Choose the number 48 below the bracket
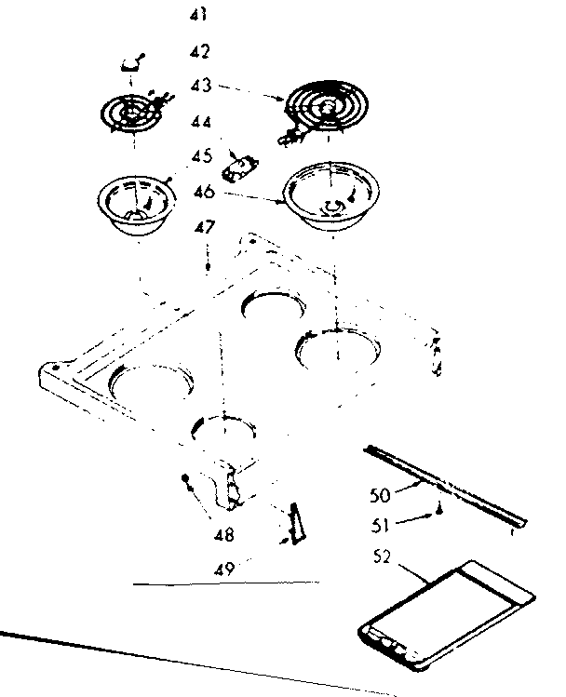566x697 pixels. coord(223,535)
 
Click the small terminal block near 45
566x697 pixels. coord(241,168)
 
